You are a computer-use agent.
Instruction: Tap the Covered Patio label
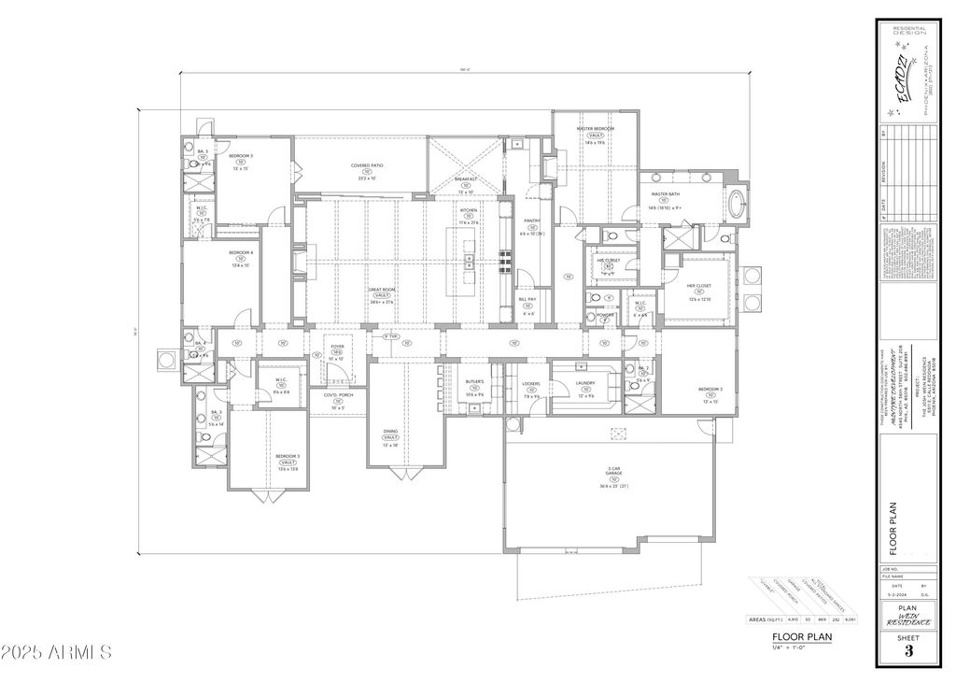point(367,165)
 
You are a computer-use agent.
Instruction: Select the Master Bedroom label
point(596,128)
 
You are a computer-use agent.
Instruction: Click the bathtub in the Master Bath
point(736,205)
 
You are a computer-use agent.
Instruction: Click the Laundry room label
point(585,382)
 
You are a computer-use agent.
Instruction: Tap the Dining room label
point(390,432)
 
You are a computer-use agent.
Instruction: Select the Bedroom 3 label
point(287,456)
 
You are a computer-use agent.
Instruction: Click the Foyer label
point(337,346)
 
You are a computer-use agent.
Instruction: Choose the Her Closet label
point(699,286)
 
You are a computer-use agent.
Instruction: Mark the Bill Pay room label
point(527,299)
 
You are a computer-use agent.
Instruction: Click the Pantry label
point(532,221)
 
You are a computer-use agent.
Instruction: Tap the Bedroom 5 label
point(241,155)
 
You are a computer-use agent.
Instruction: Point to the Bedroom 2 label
point(710,389)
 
